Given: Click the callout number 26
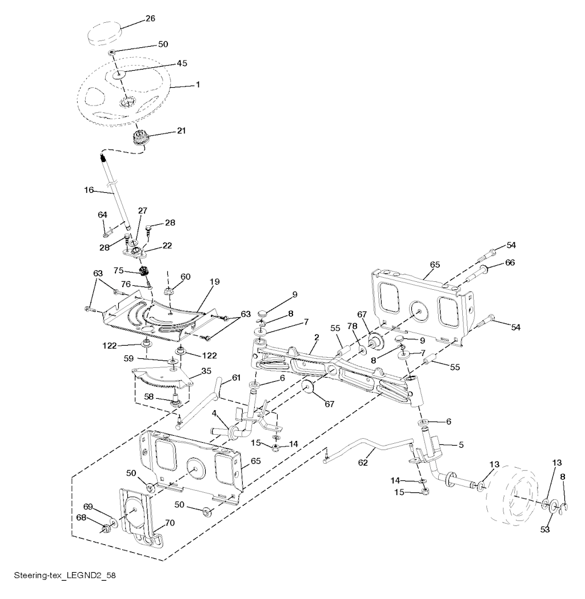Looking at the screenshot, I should pyautogui.click(x=150, y=18).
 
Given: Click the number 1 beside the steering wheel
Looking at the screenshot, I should pyautogui.click(x=198, y=85).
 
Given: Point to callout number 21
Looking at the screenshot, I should pyautogui.click(x=181, y=131).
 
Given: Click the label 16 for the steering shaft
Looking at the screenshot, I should pyautogui.click(x=89, y=190).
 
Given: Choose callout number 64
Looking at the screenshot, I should pyautogui.click(x=103, y=214).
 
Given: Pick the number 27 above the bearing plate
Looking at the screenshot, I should pyautogui.click(x=142, y=211).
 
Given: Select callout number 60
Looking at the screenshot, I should pyautogui.click(x=186, y=276).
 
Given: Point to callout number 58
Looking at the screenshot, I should pyautogui.click(x=149, y=396).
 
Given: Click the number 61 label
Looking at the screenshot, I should pyautogui.click(x=236, y=378).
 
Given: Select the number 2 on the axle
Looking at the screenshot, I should pyautogui.click(x=316, y=338).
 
